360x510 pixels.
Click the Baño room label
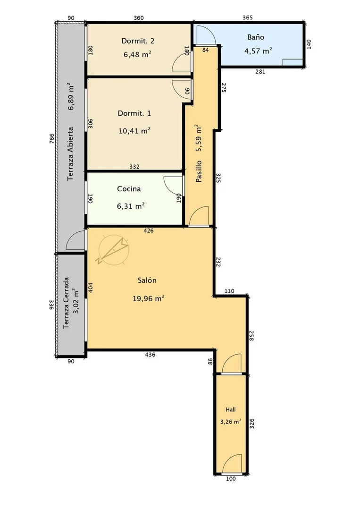tap(256, 37)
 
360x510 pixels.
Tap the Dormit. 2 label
tap(138, 41)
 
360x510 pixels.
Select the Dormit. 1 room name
tap(134, 113)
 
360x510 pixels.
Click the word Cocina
tap(129, 188)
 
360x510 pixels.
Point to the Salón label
tap(147, 280)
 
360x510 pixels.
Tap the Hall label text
tap(231, 409)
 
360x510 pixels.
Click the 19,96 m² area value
tap(149, 298)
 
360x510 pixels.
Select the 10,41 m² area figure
tap(134, 131)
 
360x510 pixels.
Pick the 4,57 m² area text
tap(258, 51)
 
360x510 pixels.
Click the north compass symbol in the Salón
tap(113, 250)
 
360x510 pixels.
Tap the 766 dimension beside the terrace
tap(52, 139)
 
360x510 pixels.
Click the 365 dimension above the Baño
tap(248, 17)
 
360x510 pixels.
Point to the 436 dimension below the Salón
tap(150, 355)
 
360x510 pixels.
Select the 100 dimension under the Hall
tap(231, 479)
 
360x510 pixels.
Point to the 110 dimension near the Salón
tap(229, 291)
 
